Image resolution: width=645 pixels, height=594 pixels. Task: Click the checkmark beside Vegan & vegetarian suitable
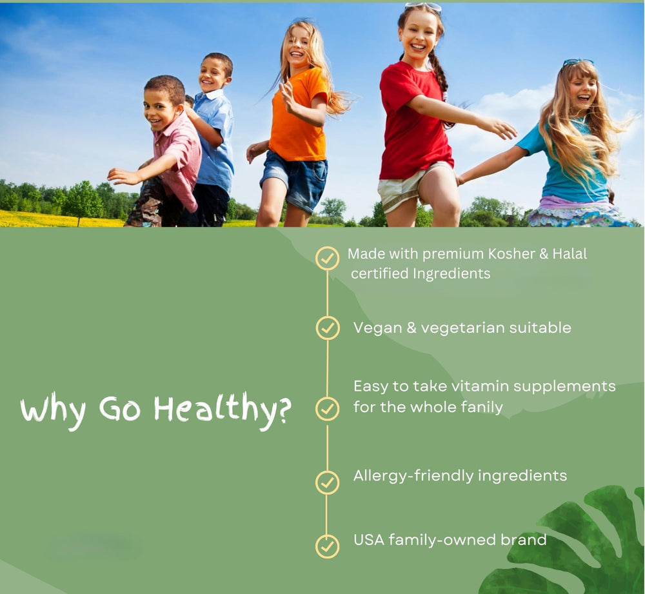(x=328, y=328)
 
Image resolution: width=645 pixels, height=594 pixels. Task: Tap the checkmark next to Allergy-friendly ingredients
(x=328, y=482)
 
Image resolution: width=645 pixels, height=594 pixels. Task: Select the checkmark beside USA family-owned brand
(x=328, y=546)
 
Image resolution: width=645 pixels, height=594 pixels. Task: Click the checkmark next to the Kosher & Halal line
(x=328, y=258)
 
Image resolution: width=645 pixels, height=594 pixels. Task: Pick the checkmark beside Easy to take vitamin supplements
(x=328, y=409)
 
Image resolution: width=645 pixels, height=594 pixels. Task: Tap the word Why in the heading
(x=54, y=411)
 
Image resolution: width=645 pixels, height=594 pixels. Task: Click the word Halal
(x=570, y=253)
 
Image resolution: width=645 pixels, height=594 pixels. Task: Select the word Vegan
(x=377, y=328)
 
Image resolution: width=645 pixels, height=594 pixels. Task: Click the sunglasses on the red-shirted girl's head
(x=424, y=7)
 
